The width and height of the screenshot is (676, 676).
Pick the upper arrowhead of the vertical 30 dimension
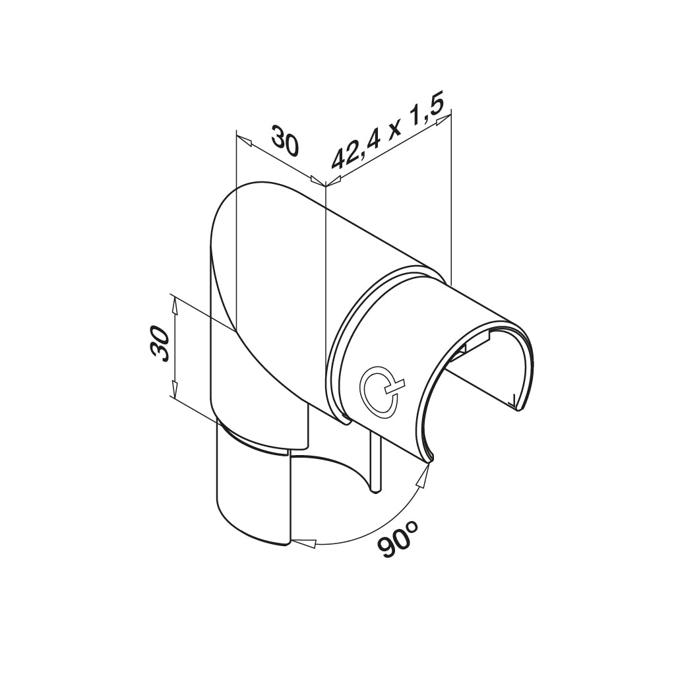(x=175, y=303)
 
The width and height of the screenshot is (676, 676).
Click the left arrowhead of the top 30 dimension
(x=243, y=140)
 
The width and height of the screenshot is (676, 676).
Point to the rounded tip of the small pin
(x=375, y=489)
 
